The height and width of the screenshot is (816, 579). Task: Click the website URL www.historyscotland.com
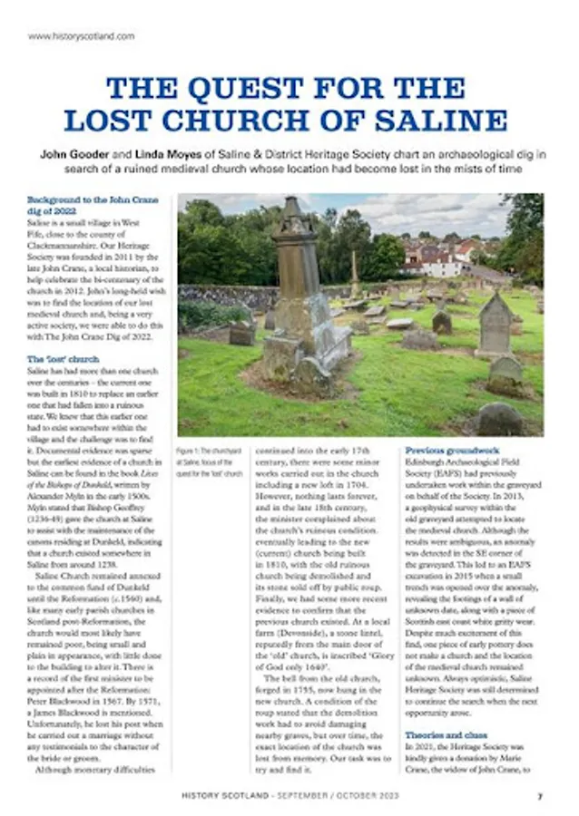pyautogui.click(x=82, y=36)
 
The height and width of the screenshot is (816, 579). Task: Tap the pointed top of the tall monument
pyautogui.click(x=296, y=206)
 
